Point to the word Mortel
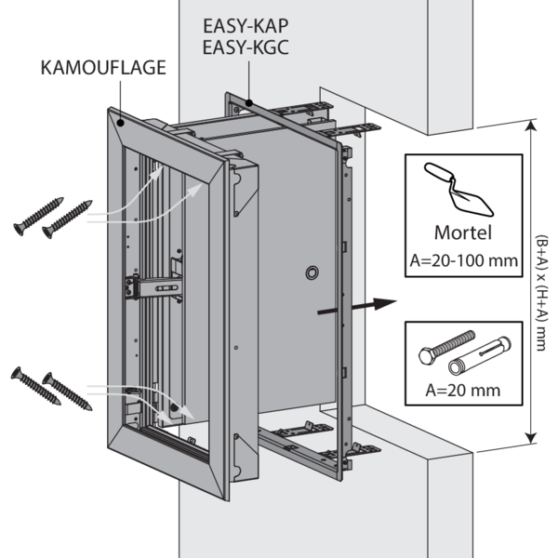tap(463, 232)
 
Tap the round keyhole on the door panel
tap(311, 272)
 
